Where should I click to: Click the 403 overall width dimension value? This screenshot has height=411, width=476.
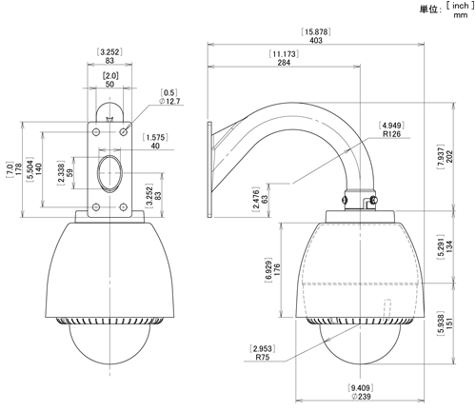pos(316,40)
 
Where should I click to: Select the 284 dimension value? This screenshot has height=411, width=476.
pos(284,63)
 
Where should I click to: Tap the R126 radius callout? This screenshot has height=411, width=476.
pos(391,134)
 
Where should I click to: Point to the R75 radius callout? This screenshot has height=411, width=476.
pos(263,357)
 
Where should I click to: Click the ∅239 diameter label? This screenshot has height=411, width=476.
pos(361,397)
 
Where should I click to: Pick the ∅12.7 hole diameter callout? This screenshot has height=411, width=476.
pos(169,101)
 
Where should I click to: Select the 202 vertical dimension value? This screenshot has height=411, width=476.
pos(449,156)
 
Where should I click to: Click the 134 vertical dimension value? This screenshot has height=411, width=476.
pos(449,246)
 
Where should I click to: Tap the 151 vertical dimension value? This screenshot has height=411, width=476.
pos(449,323)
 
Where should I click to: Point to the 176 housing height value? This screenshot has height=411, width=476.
pos(277,269)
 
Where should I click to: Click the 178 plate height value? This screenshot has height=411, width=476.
pos(18,169)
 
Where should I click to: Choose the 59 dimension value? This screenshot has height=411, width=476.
pos(70,172)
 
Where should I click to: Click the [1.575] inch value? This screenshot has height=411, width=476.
pos(155,137)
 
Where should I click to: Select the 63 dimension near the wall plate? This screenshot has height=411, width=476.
pos(264,199)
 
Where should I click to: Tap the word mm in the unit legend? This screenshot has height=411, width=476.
pos(461,14)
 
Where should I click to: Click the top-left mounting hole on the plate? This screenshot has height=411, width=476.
pos(96,131)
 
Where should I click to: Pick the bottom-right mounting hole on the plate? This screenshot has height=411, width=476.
pos(123,207)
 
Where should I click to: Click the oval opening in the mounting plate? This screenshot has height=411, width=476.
pos(109,173)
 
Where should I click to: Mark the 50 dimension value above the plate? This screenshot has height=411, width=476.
pos(109,85)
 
